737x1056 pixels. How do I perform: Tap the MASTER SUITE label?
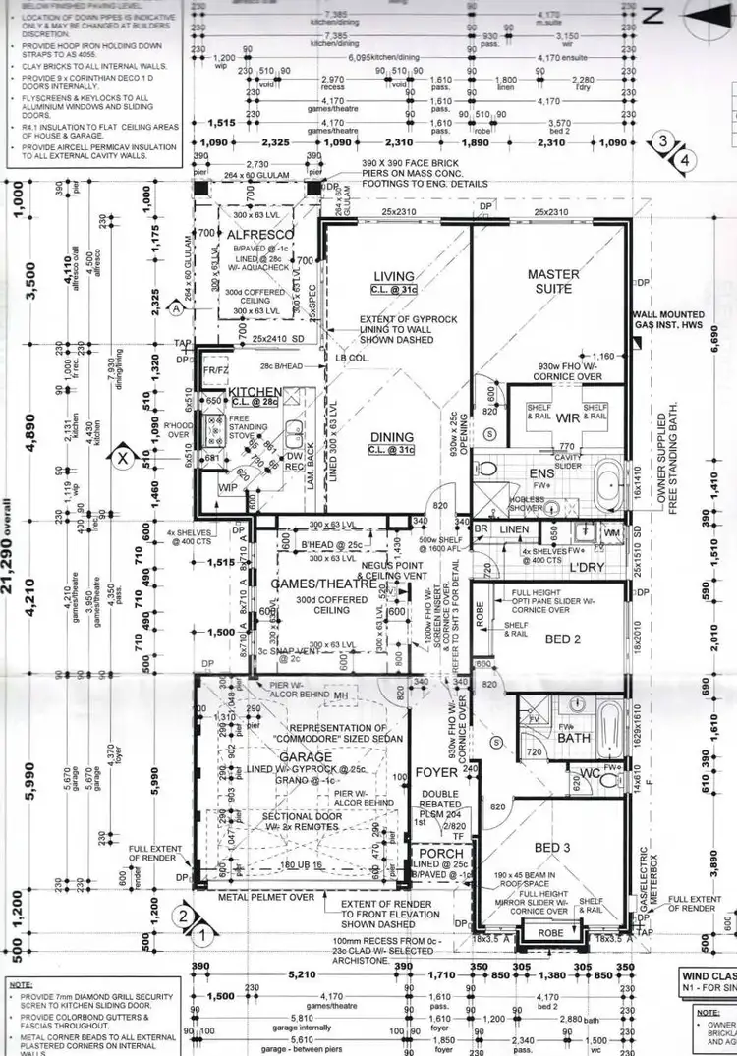[x=553, y=281]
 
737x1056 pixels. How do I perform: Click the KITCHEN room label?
[x=255, y=392]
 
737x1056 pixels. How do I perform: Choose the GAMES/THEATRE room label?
[x=311, y=584]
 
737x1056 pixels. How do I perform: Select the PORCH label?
[x=440, y=853]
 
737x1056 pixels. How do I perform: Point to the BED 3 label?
[x=552, y=847]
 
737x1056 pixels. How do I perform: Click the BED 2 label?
[x=564, y=639]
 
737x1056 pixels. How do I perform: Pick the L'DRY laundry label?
[x=586, y=568]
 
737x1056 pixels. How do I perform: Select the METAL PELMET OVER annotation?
[x=267, y=896]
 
